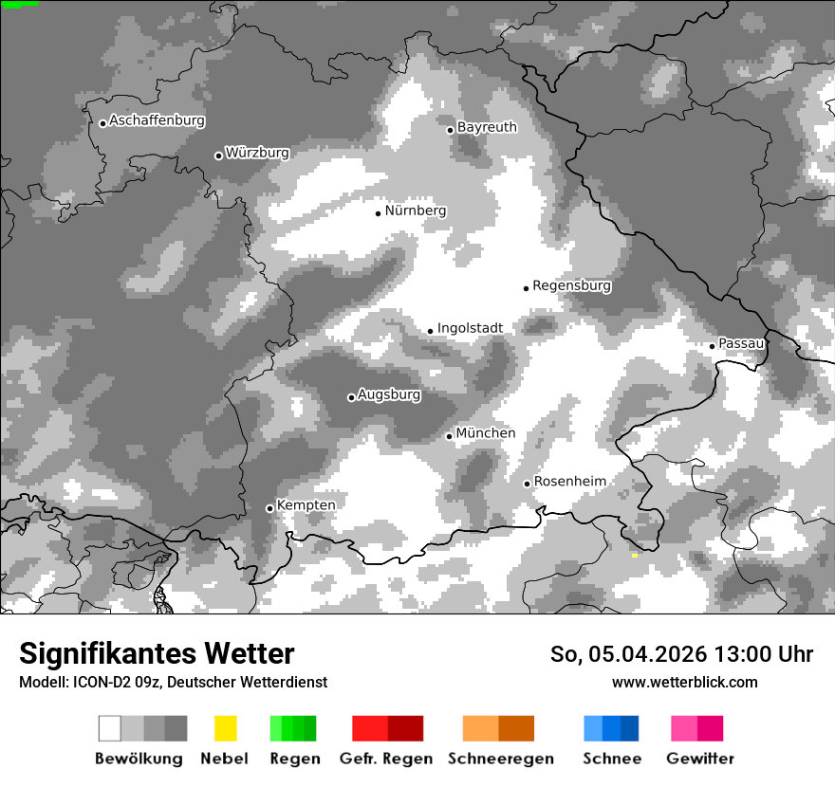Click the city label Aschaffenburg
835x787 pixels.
(x=157, y=121)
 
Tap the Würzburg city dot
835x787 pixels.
(x=218, y=156)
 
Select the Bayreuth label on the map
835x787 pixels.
(x=487, y=127)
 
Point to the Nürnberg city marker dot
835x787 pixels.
(x=378, y=213)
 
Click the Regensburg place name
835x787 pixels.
(x=571, y=285)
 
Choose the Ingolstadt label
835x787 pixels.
(x=470, y=328)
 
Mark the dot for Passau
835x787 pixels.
(x=712, y=346)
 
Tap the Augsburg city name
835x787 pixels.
(x=389, y=394)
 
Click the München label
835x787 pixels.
(x=486, y=433)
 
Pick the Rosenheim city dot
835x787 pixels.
(x=527, y=484)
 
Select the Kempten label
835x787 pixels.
(x=306, y=505)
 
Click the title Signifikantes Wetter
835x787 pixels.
(x=157, y=654)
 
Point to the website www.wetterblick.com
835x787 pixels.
(x=684, y=682)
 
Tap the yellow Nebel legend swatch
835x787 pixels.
(x=225, y=728)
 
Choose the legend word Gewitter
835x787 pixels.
(x=699, y=759)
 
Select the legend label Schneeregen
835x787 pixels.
(x=500, y=759)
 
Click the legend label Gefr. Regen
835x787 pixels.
(x=385, y=759)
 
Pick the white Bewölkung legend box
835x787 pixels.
(x=110, y=728)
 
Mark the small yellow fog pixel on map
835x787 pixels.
(x=634, y=555)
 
